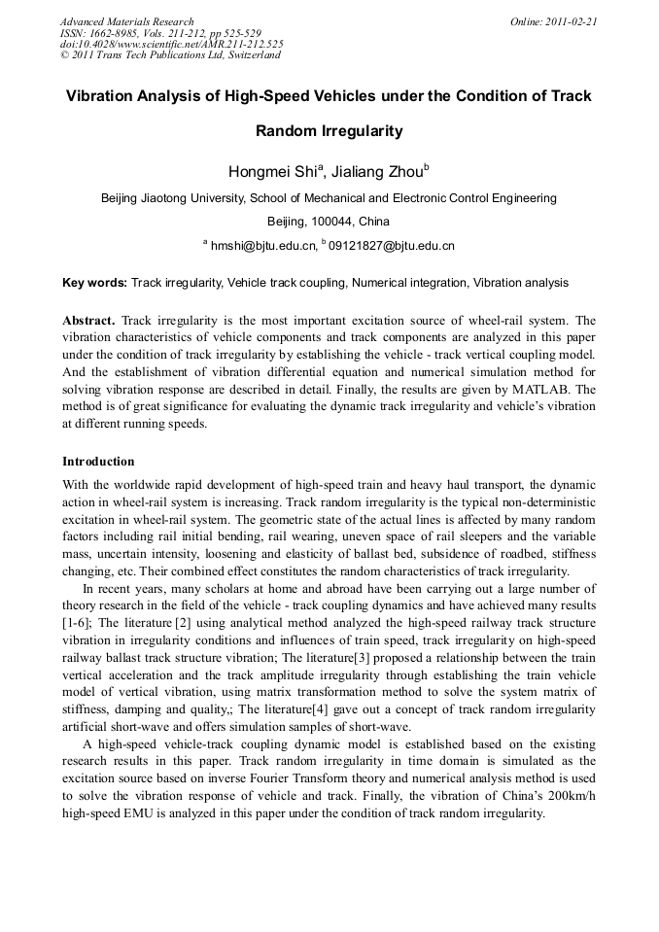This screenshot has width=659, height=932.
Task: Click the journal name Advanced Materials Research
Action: (126, 21)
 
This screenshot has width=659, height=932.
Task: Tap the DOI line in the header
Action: (171, 44)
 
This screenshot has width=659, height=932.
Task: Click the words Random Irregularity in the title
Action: (329, 130)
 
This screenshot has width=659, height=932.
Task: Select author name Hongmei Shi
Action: (260, 173)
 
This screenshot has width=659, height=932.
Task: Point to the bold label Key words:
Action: (94, 283)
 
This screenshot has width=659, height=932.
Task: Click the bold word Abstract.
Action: (88, 320)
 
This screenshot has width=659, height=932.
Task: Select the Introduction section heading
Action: (98, 461)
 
